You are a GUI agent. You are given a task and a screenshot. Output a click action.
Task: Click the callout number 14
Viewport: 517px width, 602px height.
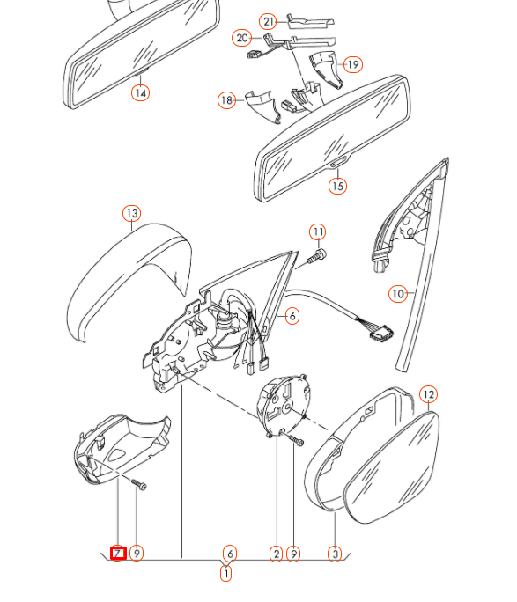(141, 93)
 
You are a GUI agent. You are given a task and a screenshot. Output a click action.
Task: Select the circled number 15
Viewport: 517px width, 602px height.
(337, 186)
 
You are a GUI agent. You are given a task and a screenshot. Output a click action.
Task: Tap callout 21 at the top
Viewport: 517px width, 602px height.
(268, 21)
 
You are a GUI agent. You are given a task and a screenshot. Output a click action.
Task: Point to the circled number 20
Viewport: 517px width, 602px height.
(241, 38)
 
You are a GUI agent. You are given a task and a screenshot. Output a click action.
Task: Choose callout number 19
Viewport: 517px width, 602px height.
(353, 64)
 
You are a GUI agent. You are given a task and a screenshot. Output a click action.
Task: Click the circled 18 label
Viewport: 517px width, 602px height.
(227, 100)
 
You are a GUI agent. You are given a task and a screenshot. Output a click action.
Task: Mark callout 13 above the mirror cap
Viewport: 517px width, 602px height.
(132, 214)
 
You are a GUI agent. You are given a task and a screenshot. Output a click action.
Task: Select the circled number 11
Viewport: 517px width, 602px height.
(318, 231)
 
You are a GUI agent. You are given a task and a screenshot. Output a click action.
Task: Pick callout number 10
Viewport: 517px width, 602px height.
(398, 294)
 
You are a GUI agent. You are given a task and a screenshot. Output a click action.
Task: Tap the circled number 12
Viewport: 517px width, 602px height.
(428, 394)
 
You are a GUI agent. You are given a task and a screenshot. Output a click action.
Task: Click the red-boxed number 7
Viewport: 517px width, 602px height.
(118, 554)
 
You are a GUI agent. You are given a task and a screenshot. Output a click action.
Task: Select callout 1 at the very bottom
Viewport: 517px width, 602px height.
(226, 574)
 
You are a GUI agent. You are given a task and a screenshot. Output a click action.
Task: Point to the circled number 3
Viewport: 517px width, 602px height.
(335, 554)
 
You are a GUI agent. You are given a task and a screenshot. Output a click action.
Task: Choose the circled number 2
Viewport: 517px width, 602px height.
(277, 554)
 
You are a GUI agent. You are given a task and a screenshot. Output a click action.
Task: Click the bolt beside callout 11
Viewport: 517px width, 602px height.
(316, 257)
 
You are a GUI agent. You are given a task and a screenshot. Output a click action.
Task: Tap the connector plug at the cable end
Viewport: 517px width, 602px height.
(381, 332)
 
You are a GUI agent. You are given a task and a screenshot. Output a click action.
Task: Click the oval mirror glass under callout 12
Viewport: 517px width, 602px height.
(392, 467)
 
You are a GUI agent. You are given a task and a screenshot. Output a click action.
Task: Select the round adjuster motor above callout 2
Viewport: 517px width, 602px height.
(283, 407)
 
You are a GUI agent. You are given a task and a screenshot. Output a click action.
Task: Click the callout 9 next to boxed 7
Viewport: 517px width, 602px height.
(137, 554)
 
